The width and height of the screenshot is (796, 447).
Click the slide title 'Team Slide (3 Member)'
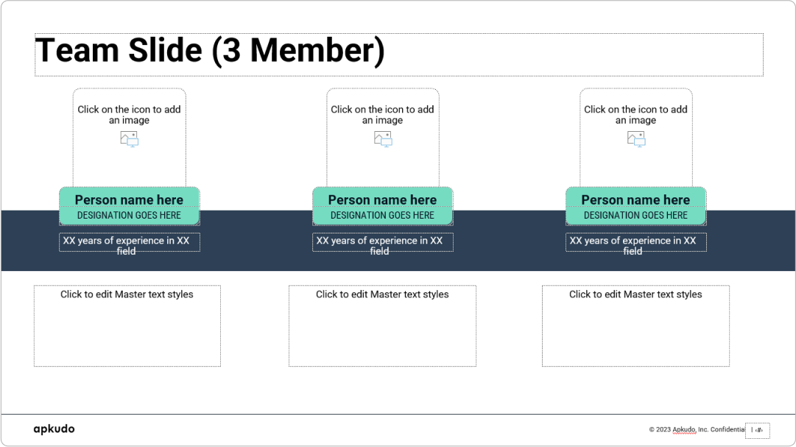point(210,51)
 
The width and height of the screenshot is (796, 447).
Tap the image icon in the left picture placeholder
point(129,138)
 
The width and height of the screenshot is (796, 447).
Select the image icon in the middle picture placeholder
point(383,138)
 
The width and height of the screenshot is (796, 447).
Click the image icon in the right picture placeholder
point(636,138)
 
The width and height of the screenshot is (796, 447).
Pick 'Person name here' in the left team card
point(129,200)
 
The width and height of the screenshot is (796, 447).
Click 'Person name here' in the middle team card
point(382,200)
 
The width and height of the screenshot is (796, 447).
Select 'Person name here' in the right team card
point(635,200)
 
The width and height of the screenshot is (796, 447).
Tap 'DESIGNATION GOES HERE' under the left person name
point(129,216)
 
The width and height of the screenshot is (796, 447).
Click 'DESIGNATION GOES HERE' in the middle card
point(382,216)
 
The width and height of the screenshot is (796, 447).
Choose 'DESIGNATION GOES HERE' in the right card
point(635,216)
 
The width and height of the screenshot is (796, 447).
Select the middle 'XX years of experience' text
point(380,242)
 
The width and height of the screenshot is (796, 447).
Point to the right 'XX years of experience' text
point(633,242)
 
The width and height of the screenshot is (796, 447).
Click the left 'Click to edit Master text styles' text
point(127,295)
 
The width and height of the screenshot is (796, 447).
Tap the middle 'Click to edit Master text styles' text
point(382,295)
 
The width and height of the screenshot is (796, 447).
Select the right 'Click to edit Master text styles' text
point(635,295)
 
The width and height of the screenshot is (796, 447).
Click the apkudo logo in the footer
point(54,429)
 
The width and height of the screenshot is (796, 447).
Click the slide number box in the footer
point(758,430)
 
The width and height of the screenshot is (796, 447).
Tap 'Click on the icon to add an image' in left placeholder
point(129,115)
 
